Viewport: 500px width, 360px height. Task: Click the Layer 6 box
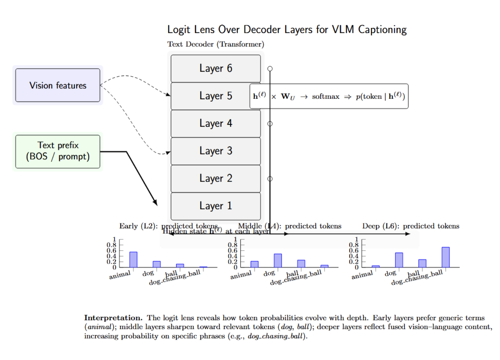pos(215,68)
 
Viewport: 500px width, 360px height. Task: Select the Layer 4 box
pos(215,124)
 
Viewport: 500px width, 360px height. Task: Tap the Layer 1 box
pos(215,206)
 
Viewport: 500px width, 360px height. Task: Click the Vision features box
pos(58,85)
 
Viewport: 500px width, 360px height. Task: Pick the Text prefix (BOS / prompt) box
pos(58,151)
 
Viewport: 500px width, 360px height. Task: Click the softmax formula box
pos(329,96)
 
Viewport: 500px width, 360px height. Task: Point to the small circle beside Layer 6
pos(270,69)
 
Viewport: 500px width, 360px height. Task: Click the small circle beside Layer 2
pos(270,179)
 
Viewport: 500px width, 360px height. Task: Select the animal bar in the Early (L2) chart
pos(133,259)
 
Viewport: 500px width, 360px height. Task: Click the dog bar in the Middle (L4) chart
pos(278,260)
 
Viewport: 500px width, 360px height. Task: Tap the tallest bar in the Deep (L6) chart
pos(446,257)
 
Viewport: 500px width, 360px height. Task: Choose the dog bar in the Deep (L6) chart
pos(399,260)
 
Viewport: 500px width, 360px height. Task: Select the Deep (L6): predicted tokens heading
pos(411,226)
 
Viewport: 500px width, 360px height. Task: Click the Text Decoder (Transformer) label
pos(216,44)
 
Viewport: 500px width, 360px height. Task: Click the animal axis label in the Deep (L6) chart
pos(362,275)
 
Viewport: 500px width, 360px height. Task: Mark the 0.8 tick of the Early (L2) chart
pos(111,245)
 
